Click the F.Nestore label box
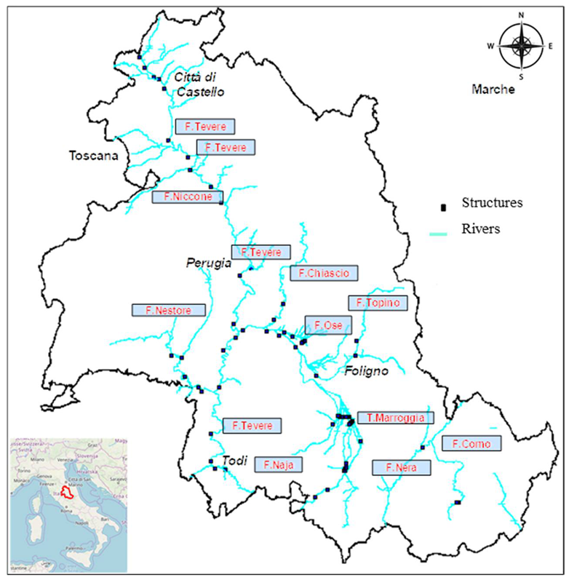(x=168, y=310)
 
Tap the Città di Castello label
(x=197, y=84)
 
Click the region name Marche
(x=493, y=90)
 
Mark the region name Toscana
(x=92, y=155)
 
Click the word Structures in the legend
(x=492, y=202)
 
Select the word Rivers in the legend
(x=481, y=229)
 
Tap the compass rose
(x=522, y=44)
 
